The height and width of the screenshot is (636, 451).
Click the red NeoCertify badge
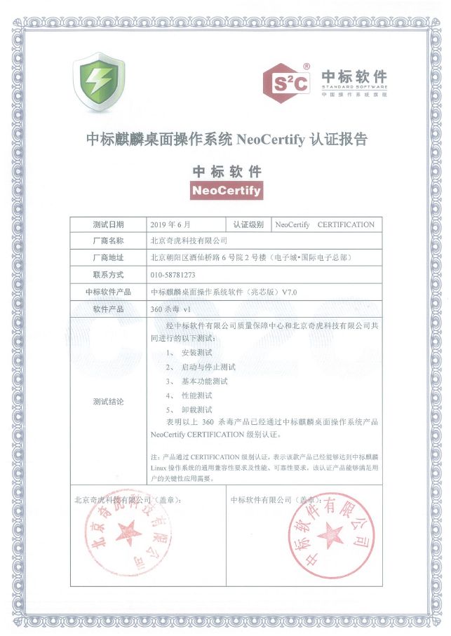pyautogui.click(x=226, y=190)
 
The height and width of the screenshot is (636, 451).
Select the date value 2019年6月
pyautogui.click(x=170, y=225)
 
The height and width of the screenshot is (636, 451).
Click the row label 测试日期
pyautogui.click(x=108, y=225)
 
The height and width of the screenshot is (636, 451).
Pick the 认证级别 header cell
pyautogui.click(x=248, y=225)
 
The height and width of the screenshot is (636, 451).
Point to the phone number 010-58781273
pyautogui.click(x=173, y=275)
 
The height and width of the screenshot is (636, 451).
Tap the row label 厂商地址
pyautogui.click(x=108, y=258)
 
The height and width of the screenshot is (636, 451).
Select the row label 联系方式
pyautogui.click(x=108, y=275)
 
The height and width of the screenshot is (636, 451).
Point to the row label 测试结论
pyautogui.click(x=108, y=402)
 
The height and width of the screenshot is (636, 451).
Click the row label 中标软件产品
pyautogui.click(x=108, y=292)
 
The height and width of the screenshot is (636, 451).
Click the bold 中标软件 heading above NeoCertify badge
pyautogui.click(x=227, y=170)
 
